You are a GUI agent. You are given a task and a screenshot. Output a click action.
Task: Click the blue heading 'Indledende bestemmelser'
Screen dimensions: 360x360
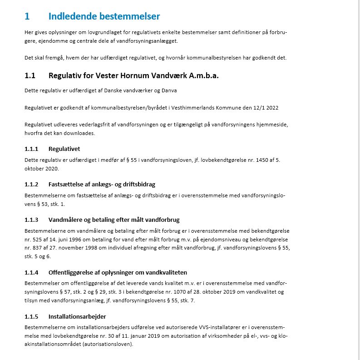point(104,17)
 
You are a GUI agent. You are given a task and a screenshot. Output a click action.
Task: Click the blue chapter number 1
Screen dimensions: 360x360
point(27,17)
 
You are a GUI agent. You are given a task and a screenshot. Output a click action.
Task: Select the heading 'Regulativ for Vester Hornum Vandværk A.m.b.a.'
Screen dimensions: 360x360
point(133,75)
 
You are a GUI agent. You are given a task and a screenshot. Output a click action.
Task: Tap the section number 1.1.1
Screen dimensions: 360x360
point(31,149)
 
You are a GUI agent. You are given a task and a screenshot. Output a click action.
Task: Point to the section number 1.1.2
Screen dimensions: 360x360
point(31,184)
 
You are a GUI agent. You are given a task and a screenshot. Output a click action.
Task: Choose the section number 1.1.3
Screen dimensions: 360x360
point(31,220)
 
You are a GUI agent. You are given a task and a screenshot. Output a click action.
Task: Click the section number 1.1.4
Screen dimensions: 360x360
point(31,272)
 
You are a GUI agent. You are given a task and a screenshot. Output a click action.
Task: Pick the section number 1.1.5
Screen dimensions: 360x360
point(31,316)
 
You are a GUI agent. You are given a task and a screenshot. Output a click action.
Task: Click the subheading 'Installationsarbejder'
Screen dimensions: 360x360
point(77,316)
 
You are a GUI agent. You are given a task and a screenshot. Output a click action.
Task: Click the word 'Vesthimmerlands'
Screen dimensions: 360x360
point(182,108)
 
